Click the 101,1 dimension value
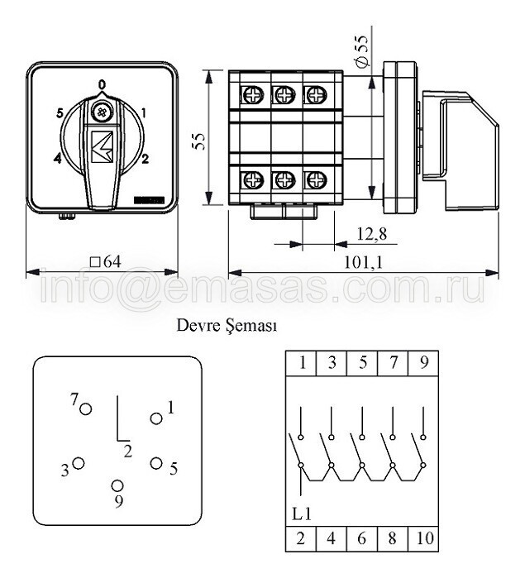tap(364, 262)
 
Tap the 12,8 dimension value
tap(371, 233)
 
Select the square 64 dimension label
tap(106, 262)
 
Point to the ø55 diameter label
tap(362, 51)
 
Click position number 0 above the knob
tap(102, 84)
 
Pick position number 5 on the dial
tap(60, 113)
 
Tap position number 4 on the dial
tap(58, 159)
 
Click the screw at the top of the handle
tap(101, 112)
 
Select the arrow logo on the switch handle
tap(103, 146)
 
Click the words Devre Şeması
tap(227, 326)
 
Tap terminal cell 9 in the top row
tap(423, 363)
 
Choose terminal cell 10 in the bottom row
tap(423, 538)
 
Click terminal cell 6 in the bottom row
tap(362, 538)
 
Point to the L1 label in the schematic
tap(302, 514)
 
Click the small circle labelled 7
tap(86, 409)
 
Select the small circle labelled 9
tap(117, 486)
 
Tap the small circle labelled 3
tap(79, 463)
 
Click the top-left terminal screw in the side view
tap(253, 95)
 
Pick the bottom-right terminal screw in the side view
tap(317, 180)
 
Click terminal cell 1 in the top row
tap(301, 363)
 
